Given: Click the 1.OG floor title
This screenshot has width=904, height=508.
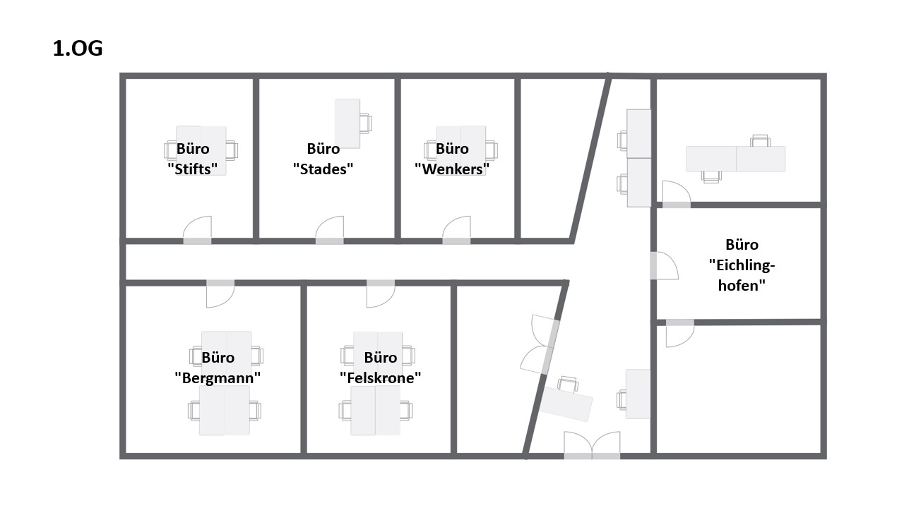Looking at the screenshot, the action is coord(78,49).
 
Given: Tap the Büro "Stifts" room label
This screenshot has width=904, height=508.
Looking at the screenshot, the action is coord(193,159).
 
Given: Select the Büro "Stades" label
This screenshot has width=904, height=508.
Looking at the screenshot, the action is coord(323,159).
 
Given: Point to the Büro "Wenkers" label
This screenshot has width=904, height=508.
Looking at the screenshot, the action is coord(452,159).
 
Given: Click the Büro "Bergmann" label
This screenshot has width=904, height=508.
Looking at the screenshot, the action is coord(218,368).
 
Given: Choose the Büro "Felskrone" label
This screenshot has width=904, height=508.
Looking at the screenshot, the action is coord(381,368).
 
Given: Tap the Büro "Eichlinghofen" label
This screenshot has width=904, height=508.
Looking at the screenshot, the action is coord(742,265).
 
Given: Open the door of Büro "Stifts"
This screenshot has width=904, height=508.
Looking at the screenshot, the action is coord(197,230).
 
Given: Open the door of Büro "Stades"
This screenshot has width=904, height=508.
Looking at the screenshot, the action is coord(330,230).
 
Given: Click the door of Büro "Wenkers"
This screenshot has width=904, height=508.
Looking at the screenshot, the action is coord(456,230).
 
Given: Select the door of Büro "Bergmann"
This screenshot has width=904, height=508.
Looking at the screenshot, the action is coord(220,294).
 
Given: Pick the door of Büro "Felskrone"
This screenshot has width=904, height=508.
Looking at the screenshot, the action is coord(381,294).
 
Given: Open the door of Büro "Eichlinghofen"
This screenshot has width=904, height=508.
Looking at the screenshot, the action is coord(664,265).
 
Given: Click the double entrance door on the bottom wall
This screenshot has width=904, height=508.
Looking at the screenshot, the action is coord(592,445).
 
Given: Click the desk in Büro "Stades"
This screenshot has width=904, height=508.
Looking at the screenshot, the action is coord(347,123).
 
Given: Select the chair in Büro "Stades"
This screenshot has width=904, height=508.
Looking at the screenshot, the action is coord(366,123).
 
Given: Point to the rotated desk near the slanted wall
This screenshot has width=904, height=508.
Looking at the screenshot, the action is coord(566,404).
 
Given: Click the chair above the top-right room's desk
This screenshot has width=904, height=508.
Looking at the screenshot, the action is coord(761,140).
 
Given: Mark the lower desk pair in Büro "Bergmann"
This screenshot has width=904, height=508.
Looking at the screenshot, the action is coord(225,411).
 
